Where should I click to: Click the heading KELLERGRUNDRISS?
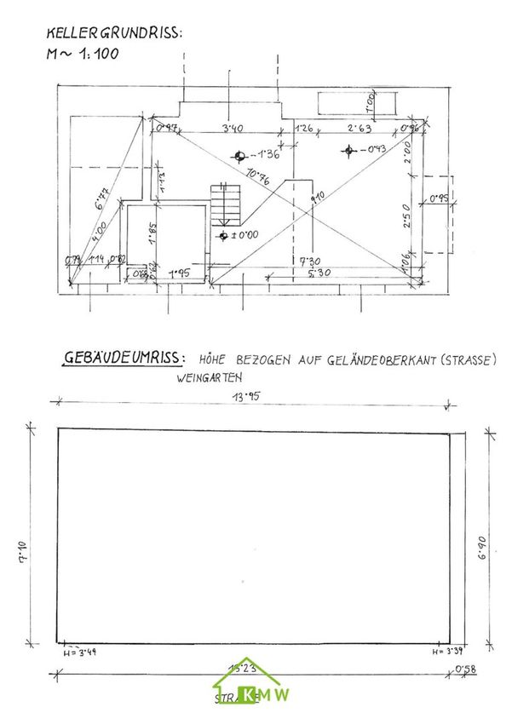click(114, 34)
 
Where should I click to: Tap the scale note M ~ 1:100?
click(83, 53)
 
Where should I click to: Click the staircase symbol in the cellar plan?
click(227, 203)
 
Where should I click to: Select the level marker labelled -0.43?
click(348, 151)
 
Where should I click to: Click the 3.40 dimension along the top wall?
click(233, 129)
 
